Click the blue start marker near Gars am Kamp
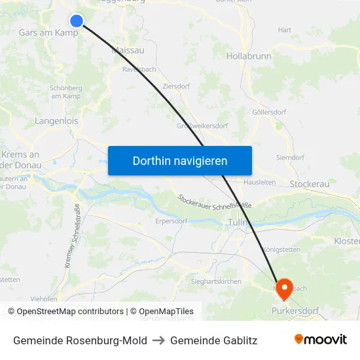pyautogui.click(x=77, y=21)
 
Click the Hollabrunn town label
pyautogui.click(x=249, y=56)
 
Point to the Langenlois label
pyautogui.click(x=56, y=120)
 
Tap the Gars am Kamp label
pyautogui.click(x=48, y=32)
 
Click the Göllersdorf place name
pyautogui.click(x=269, y=112)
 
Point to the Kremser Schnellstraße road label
pyautogui.click(x=73, y=236)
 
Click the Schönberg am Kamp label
pyautogui.click(x=65, y=92)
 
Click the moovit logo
pyautogui.click(x=320, y=340)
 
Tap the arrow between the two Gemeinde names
pyautogui.click(x=158, y=340)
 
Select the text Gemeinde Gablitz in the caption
pyautogui.click(x=213, y=340)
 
